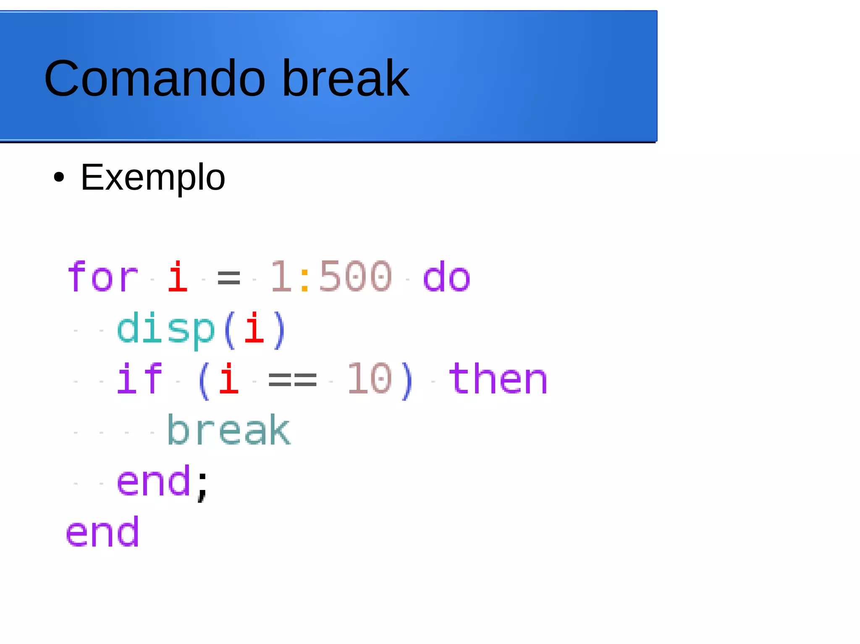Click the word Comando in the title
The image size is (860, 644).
(155, 78)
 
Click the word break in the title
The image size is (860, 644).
(345, 78)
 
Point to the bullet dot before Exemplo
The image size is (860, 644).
(59, 177)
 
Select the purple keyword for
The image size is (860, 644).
(102, 277)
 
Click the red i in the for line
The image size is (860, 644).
(178, 277)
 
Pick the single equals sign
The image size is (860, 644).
(229, 278)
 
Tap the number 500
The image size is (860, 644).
(355, 277)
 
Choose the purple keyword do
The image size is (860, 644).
(446, 277)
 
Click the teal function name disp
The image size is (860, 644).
(166, 329)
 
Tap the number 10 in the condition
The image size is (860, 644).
(370, 379)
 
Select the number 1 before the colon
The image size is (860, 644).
(281, 277)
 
